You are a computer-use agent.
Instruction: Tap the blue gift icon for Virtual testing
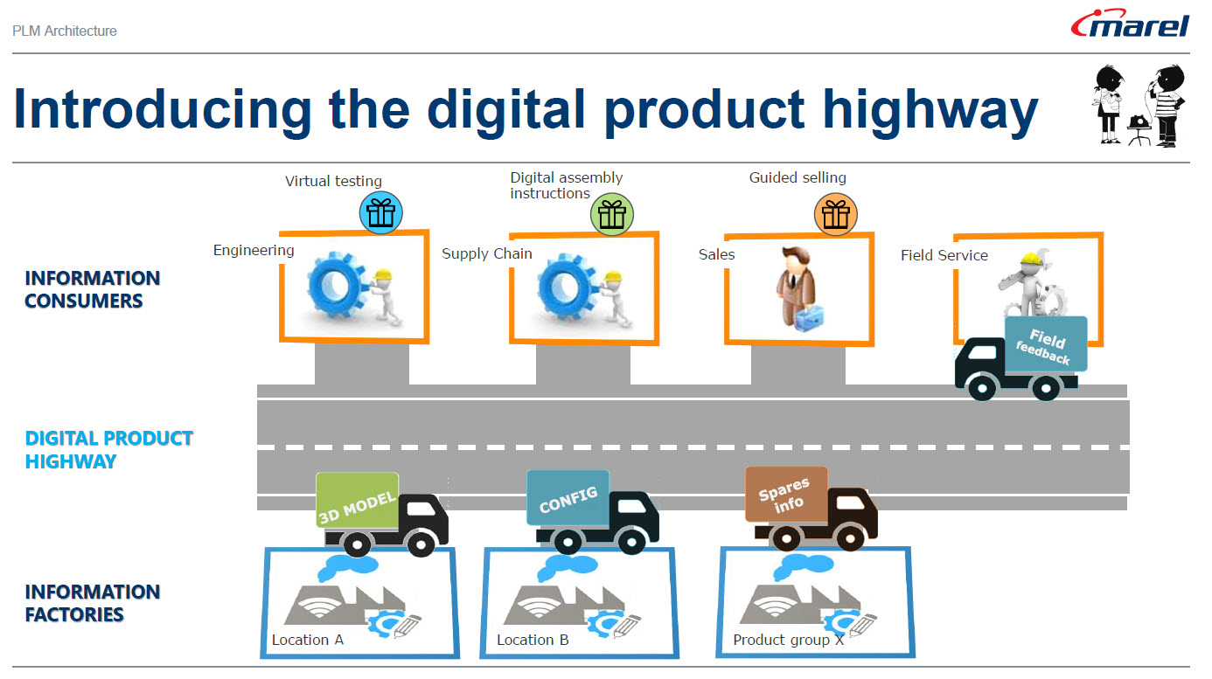click(380, 212)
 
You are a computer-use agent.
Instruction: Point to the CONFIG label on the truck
click(568, 499)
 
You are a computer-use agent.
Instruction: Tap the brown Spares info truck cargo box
click(785, 495)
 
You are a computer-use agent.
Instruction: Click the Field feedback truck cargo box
click(1045, 343)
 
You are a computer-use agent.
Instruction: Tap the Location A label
click(307, 640)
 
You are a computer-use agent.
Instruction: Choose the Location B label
click(533, 640)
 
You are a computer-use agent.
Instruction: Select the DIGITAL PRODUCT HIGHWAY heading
click(109, 450)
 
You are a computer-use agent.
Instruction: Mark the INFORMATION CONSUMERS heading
click(92, 289)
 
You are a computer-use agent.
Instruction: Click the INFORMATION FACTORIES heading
click(92, 603)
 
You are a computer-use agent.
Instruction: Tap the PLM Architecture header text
click(65, 31)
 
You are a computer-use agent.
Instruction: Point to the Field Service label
click(944, 255)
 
